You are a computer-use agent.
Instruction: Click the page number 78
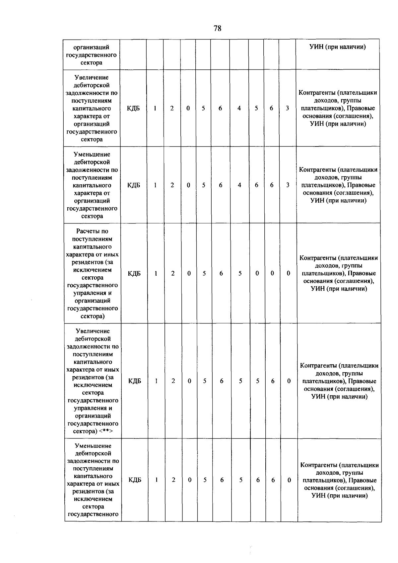coord(218,29)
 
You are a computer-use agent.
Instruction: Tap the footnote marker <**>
coord(106,431)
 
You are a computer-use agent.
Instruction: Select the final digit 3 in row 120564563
coord(287,108)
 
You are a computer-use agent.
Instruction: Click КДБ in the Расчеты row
coord(134,273)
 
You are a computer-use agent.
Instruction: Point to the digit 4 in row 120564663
coord(239,185)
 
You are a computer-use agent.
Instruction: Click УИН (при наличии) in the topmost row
coord(338,47)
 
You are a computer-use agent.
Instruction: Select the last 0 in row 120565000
coord(289,273)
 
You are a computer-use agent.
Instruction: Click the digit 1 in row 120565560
coord(156,381)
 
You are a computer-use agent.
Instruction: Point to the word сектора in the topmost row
coord(92,62)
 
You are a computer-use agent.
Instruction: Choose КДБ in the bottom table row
coord(135,480)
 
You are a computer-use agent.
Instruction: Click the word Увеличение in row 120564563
coord(92,77)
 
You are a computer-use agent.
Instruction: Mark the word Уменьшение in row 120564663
coord(92,154)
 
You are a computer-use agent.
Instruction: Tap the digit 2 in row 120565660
coord(173,480)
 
